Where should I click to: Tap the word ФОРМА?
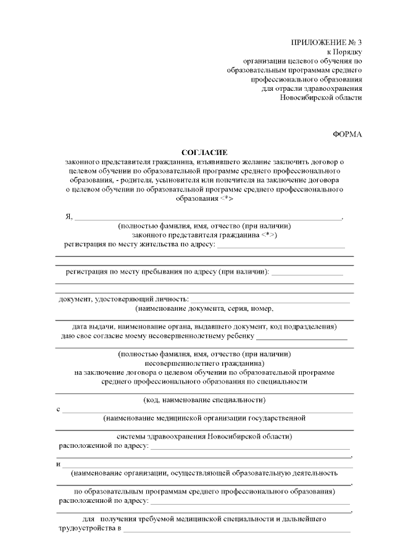coord(347,133)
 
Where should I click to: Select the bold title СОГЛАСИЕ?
coord(204,152)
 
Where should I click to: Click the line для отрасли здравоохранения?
coord(312,88)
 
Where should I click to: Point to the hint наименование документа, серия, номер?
coord(204,308)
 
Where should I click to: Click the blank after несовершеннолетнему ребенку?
coord(302,337)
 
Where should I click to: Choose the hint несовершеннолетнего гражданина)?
coord(204,363)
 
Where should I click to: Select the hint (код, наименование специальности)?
coord(204,400)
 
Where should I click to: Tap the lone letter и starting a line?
coord(58,464)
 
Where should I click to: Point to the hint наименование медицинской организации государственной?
coord(204,418)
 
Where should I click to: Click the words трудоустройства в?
coord(89,529)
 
